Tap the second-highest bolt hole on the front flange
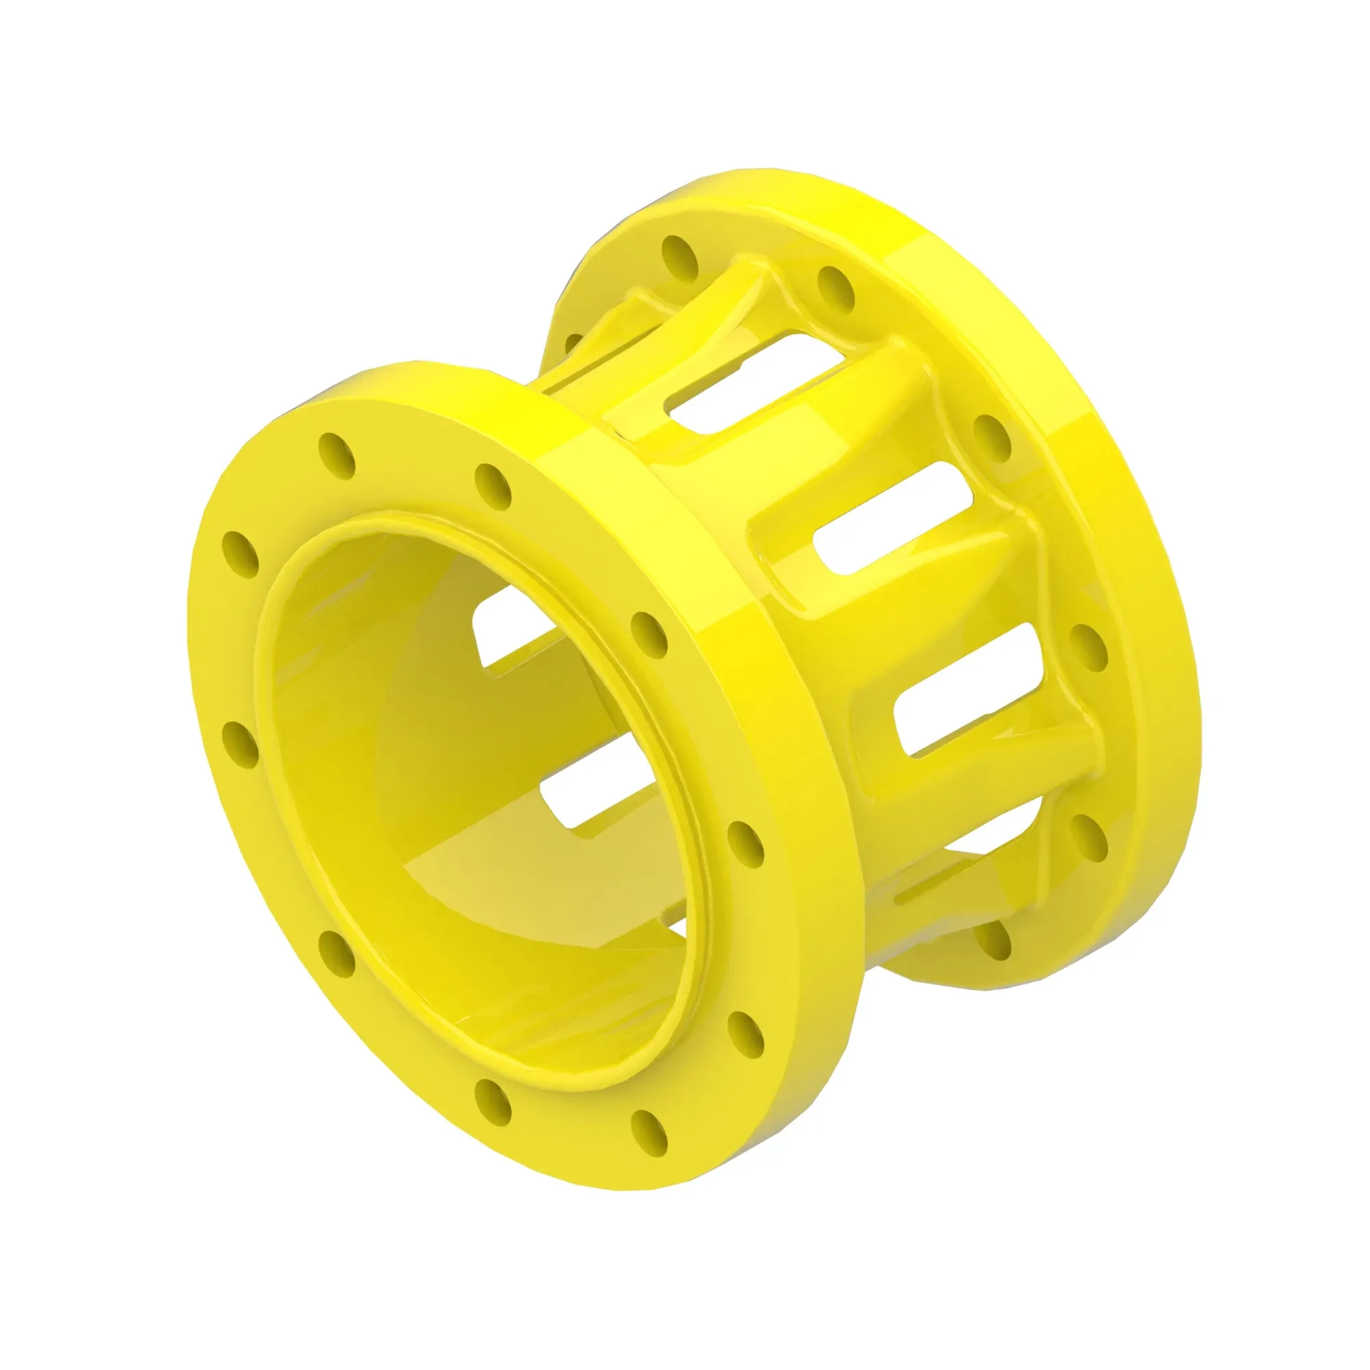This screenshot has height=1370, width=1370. click(493, 487)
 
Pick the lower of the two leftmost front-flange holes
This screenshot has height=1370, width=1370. click(240, 744)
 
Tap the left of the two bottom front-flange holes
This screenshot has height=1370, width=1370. click(493, 1119)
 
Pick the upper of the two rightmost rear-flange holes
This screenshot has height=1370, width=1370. click(991, 436)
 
